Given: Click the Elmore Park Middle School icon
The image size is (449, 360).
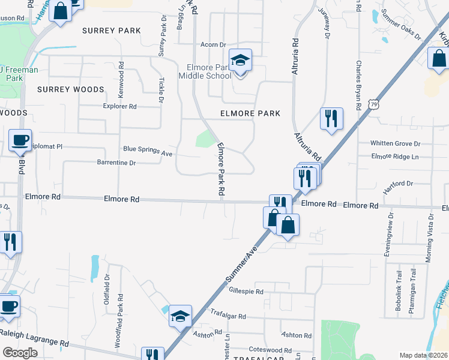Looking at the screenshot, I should coord(241,61).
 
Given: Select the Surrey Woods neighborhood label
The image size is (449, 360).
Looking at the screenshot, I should coord(70,89).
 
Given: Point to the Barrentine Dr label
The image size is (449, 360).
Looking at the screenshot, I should coord(116,162).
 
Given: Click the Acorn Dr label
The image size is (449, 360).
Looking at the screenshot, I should coord(213,44).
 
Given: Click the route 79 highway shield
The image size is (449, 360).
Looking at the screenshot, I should coord(373,104).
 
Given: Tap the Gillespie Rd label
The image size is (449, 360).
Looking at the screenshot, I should coord(247,292).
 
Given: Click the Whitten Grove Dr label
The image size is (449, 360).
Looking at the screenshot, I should coord(395,143).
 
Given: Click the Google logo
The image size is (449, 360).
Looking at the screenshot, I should coord(20,352).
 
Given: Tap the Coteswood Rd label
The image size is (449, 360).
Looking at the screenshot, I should coord(270,350).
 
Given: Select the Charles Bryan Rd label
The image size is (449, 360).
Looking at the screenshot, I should coord(359,84).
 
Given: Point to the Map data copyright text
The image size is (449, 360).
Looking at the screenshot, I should coord(423,355).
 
